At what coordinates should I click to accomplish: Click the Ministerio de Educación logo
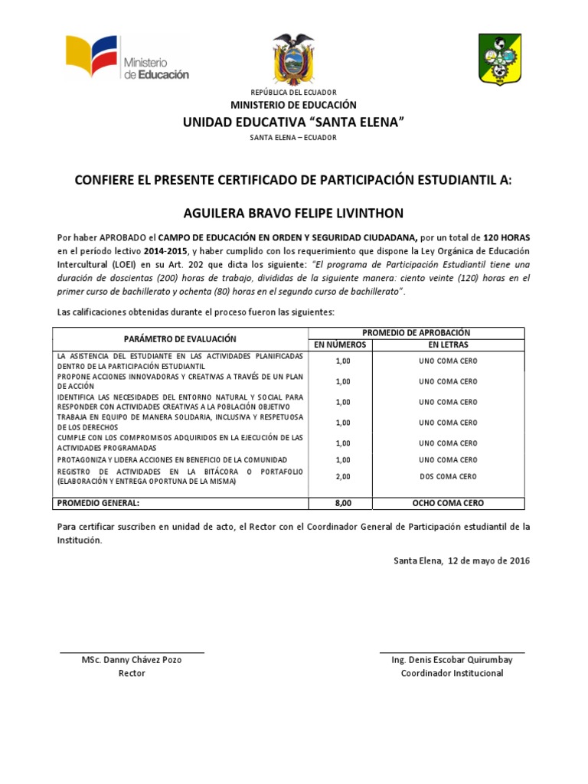[126, 58]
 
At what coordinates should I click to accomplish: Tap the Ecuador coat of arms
[293, 59]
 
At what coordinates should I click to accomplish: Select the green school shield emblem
[501, 59]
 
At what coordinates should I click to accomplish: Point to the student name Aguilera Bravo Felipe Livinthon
[293, 212]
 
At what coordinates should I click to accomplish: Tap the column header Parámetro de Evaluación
[181, 338]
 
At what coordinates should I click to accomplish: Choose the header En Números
[342, 345]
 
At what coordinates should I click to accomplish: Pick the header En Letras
[448, 345]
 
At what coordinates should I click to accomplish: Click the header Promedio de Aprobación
[416, 332]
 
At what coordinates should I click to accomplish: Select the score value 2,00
[342, 476]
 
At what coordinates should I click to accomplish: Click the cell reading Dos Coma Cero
[448, 476]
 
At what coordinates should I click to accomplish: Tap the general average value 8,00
[342, 503]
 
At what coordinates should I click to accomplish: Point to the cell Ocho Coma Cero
[448, 503]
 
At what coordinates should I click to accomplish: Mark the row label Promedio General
[97, 503]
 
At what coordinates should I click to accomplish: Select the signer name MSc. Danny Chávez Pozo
[132, 660]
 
